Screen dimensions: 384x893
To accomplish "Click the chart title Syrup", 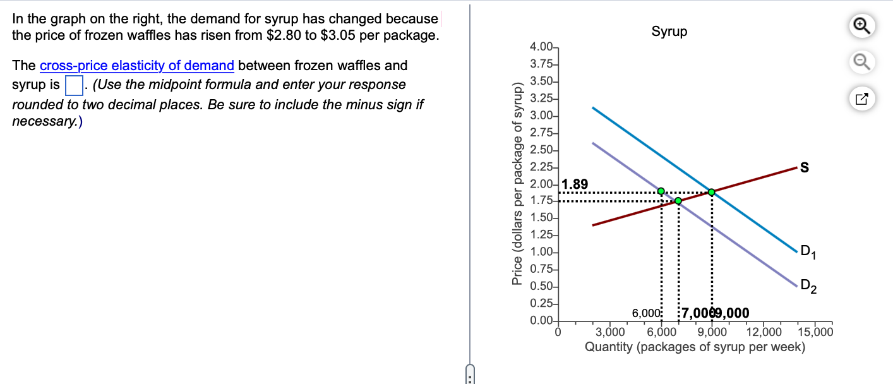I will click(669, 32).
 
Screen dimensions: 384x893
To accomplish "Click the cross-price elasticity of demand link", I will click(136, 66).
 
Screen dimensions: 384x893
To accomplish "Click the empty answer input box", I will click(75, 85).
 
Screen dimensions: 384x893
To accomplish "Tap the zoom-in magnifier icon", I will click(861, 25).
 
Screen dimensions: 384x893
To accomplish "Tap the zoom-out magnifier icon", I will click(861, 61).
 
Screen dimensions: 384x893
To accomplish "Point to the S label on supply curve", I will click(804, 167).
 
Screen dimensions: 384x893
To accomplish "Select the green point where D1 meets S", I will click(712, 191).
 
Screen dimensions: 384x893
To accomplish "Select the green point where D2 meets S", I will click(678, 201).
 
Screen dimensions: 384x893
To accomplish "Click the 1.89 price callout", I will click(575, 184).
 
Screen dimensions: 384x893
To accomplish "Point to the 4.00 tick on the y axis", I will click(541, 47).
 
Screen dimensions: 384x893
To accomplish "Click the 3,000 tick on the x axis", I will click(609, 332).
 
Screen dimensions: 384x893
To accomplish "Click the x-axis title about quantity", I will click(695, 347).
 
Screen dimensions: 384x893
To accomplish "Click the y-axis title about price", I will click(518, 183).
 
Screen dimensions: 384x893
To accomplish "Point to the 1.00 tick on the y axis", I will click(541, 253).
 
